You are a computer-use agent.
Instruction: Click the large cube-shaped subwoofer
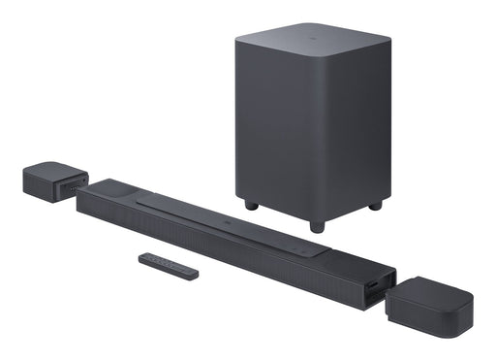point(310,116)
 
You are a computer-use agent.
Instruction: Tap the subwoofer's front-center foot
point(316,226)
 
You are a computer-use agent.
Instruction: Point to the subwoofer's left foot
point(251,205)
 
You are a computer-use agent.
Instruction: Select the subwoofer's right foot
point(375,205)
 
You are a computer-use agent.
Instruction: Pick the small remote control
point(168,266)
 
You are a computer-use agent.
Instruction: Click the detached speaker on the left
point(53,181)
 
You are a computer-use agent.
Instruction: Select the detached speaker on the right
point(429,305)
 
